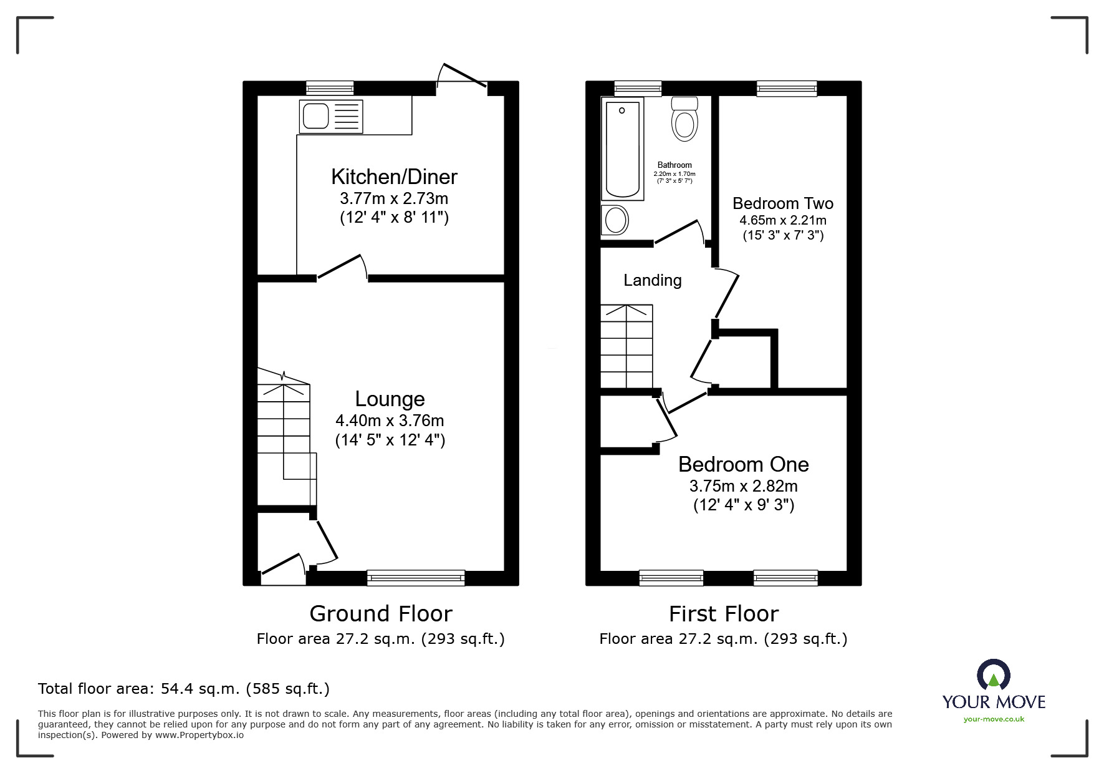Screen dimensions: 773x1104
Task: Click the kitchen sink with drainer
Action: click(x=330, y=116)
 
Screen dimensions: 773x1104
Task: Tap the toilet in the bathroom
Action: click(x=684, y=120)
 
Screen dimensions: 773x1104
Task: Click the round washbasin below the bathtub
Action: click(x=616, y=220)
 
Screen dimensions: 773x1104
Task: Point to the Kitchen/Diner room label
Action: click(x=394, y=177)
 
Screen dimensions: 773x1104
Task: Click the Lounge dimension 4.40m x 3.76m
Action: click(x=390, y=421)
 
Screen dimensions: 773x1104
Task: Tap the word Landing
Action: click(x=653, y=281)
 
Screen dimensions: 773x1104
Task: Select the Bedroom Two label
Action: click(x=782, y=203)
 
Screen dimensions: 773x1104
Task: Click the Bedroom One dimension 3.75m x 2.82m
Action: click(x=743, y=486)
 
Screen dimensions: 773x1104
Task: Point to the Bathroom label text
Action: click(x=674, y=165)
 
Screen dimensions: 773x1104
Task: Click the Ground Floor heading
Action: click(x=380, y=614)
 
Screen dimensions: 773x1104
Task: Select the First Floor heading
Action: click(x=723, y=614)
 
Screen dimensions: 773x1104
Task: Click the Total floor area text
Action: click(x=183, y=689)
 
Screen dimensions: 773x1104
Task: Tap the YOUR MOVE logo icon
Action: click(x=993, y=676)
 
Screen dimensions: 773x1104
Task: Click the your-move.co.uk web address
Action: click(x=994, y=719)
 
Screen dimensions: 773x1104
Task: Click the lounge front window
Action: click(x=416, y=578)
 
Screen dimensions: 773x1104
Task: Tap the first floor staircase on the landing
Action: click(x=626, y=346)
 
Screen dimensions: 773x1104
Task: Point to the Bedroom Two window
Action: click(x=787, y=89)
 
